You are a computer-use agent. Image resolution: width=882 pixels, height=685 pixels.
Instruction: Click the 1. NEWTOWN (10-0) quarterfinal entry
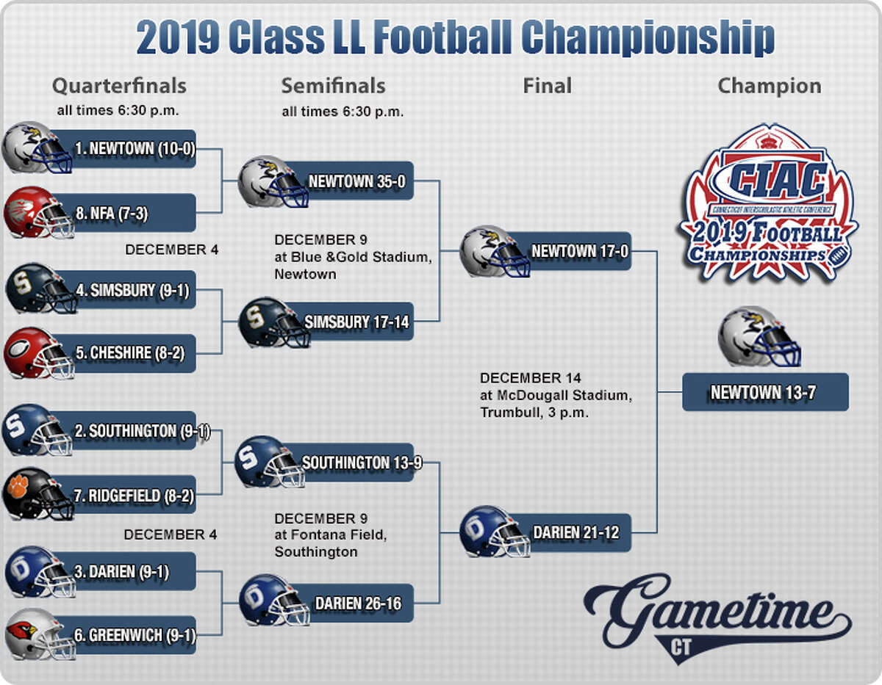[x=135, y=149]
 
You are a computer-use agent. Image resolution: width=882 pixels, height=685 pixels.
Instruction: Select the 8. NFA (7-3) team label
[x=112, y=213]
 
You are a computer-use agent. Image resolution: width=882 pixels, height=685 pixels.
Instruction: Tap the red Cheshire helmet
[x=39, y=353]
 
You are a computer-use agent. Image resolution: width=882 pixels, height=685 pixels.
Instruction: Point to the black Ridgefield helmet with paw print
[x=38, y=494]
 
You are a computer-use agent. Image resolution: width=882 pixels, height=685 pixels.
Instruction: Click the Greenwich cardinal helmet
[x=40, y=634]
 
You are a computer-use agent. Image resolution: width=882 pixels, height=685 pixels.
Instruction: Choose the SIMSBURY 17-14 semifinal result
[x=356, y=322]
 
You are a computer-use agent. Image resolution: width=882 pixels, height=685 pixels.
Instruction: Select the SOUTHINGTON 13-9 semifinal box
[x=362, y=463]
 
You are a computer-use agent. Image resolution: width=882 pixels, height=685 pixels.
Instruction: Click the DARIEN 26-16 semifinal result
[x=358, y=603]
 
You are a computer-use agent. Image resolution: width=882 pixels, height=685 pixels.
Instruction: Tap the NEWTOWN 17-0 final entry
[x=580, y=251]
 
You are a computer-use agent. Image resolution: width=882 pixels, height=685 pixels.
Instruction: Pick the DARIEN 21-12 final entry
[x=576, y=532]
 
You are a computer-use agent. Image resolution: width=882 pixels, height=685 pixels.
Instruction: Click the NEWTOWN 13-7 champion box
[x=765, y=392]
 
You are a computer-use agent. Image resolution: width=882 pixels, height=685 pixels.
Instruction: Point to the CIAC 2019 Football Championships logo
[x=767, y=203]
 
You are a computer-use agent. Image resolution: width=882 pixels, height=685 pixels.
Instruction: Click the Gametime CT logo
[x=717, y=618]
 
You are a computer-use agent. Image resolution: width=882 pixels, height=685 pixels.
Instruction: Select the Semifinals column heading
[x=333, y=86]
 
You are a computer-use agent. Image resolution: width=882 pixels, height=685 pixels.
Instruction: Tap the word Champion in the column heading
[x=770, y=86]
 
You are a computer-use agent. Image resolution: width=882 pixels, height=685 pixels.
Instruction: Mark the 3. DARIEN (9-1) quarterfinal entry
[x=121, y=571]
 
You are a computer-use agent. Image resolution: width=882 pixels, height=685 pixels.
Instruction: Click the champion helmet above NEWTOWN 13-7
[x=759, y=337]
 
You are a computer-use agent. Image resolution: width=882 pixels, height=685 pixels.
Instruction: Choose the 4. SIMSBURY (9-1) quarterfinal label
[x=132, y=290]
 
